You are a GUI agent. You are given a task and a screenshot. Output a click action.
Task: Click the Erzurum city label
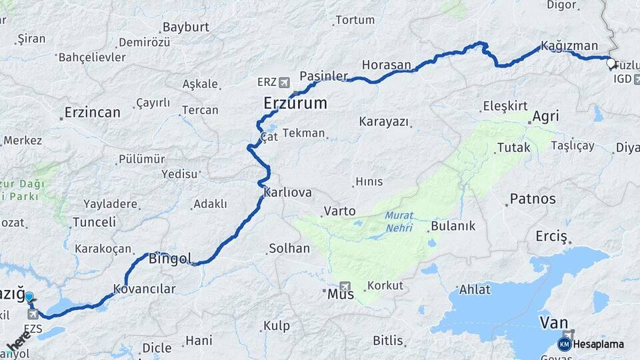point(295,103)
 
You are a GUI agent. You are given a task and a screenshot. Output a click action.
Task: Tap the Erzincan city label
point(92,112)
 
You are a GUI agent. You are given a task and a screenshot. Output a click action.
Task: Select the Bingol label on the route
point(170,258)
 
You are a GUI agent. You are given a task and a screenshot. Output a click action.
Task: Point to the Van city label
point(553,323)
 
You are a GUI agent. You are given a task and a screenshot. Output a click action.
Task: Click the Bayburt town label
point(185,27)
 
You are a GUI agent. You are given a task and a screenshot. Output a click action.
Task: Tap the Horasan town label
point(387,65)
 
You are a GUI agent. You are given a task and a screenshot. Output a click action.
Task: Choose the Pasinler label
point(324,75)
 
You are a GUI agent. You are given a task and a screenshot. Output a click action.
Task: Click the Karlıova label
point(288,192)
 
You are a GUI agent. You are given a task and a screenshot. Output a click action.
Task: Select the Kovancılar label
point(144,289)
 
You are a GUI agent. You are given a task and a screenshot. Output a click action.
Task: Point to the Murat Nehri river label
point(399,222)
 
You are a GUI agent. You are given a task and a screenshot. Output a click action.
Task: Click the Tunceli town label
point(94,222)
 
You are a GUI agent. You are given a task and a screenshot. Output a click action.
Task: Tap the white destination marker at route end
point(611,63)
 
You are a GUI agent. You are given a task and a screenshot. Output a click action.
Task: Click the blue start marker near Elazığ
point(29,297)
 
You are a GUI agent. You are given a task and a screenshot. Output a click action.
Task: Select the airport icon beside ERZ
point(285,82)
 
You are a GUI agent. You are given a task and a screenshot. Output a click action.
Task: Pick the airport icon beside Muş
point(344,285)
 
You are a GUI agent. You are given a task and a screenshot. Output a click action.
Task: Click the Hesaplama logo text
point(598,344)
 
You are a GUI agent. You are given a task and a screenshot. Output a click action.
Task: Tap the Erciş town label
point(551,237)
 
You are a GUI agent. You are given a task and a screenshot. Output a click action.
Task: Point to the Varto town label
point(339,211)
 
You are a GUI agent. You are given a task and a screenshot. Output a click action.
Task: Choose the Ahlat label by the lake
point(475,289)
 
